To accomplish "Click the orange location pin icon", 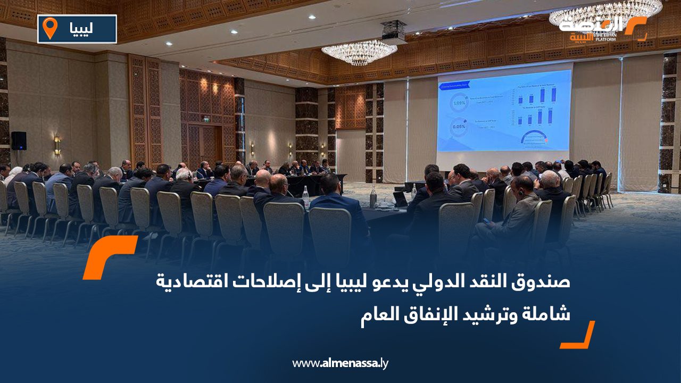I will (50, 28).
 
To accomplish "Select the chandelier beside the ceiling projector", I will (359, 52).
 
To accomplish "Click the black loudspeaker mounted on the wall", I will (19, 140).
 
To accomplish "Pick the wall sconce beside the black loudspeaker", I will (57, 145).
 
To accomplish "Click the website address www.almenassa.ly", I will (340, 363).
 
